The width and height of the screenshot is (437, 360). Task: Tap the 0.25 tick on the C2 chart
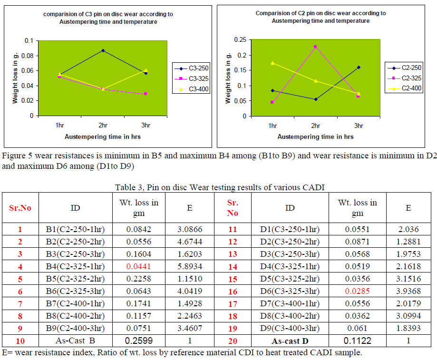coord(242,40)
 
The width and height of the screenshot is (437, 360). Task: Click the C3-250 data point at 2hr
coord(103,50)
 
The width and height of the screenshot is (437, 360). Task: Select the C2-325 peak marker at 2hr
coord(315,47)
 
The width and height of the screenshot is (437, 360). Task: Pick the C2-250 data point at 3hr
coord(359,67)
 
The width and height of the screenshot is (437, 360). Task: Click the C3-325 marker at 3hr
coord(146,94)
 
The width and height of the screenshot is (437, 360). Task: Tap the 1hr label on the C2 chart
coord(272,126)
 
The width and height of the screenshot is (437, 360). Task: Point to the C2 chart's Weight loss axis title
coord(228,78)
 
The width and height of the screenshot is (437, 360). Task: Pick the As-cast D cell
coord(290,341)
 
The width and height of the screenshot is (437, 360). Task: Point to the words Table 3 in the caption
coord(129,187)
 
